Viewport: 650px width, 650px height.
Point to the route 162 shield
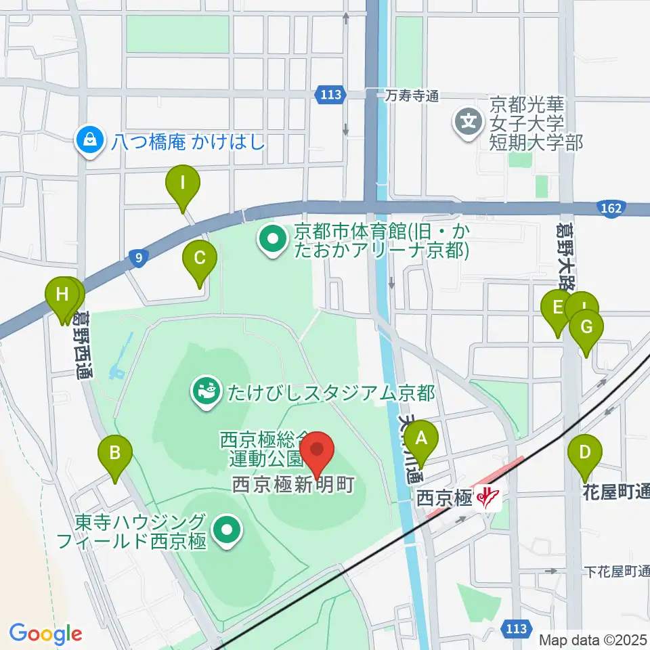click(610, 209)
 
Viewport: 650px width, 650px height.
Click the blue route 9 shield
click(138, 257)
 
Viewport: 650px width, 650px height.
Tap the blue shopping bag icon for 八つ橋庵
click(88, 140)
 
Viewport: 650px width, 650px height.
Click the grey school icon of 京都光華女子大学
click(469, 123)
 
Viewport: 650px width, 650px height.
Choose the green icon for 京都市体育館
click(272, 239)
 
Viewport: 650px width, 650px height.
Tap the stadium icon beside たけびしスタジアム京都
click(202, 391)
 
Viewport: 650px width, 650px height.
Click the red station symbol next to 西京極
click(487, 498)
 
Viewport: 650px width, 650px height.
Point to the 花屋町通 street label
click(616, 492)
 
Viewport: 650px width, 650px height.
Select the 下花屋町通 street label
click(616, 571)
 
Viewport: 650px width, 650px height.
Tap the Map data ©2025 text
click(593, 639)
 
